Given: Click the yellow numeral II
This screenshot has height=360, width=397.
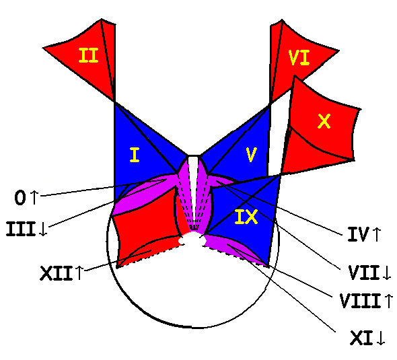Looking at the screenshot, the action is (88, 55).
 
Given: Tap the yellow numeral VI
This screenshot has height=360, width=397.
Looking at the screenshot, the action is (299, 58).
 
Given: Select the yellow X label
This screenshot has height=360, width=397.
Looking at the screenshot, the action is (324, 121).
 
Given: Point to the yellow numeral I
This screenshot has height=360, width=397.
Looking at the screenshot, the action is (135, 155).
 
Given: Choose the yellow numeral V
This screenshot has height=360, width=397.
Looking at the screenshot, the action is (251, 155).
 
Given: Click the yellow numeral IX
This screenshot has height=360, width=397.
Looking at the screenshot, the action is (246, 217).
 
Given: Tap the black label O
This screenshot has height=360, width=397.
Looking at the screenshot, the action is (20, 197).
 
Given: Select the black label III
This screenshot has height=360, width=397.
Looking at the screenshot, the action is (21, 229).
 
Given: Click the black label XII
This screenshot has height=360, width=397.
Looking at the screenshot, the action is (57, 273).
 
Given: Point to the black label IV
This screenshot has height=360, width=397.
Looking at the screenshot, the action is (358, 234).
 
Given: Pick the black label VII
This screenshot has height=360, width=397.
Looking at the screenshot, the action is (364, 273).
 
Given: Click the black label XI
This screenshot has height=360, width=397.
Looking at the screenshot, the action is (361, 338).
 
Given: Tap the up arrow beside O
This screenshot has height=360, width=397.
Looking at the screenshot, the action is (34, 197).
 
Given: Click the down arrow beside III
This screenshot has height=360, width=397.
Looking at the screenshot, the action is (44, 229).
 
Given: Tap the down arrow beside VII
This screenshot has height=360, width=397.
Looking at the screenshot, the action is (387, 273).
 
